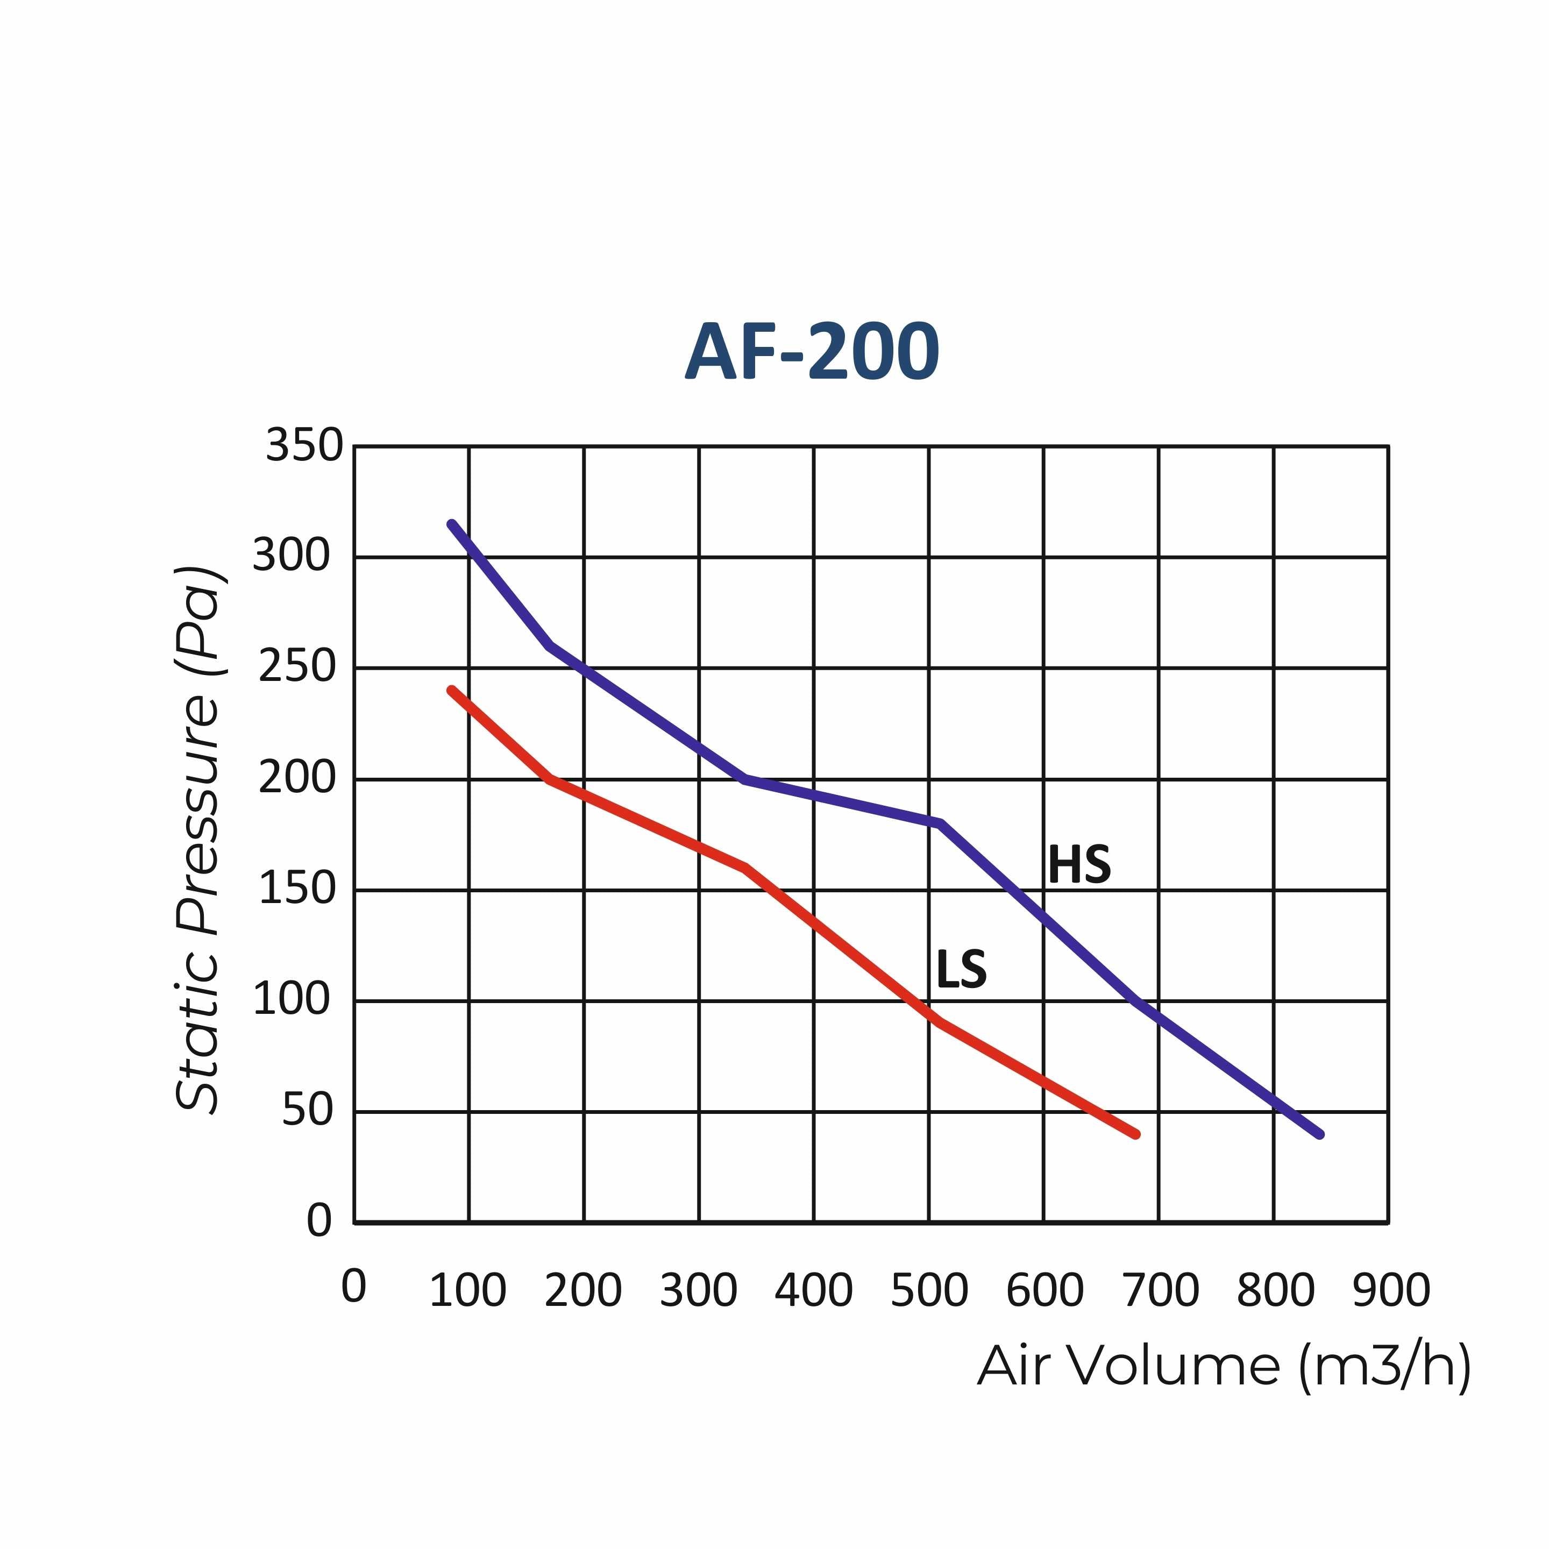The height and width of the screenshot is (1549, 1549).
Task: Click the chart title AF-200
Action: point(812,353)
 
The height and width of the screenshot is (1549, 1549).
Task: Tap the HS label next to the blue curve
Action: point(1079,865)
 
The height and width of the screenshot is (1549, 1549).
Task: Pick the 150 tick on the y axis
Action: point(297,889)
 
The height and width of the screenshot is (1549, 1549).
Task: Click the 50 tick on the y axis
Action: point(307,1111)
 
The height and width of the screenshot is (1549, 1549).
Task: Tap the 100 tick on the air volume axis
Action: point(468,1291)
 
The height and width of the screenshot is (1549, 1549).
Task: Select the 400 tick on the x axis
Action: point(813,1291)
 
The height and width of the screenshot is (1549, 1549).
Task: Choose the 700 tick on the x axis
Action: point(1160,1291)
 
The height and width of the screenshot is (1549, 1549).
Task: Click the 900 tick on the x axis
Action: point(1391,1291)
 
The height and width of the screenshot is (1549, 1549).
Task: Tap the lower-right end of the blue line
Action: point(1320,1134)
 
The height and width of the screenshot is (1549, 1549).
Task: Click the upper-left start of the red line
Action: point(451,690)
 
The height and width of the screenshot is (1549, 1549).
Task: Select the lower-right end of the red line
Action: point(1136,1134)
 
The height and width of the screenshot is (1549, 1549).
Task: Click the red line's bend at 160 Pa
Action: point(745,868)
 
